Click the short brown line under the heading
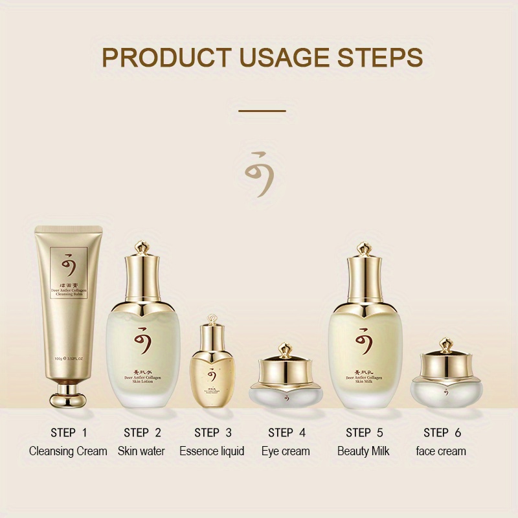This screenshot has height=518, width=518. (x=262, y=111)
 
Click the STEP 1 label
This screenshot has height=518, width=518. (x=68, y=433)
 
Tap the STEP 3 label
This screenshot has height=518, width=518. (x=212, y=433)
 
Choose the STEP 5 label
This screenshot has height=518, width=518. (x=363, y=433)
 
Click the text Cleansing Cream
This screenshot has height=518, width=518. (x=68, y=451)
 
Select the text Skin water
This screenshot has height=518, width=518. (x=141, y=451)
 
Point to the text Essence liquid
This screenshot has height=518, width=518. (x=212, y=451)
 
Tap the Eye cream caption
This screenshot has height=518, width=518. (x=286, y=451)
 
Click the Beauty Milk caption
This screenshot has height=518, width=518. (x=363, y=451)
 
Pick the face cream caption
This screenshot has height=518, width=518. (x=440, y=451)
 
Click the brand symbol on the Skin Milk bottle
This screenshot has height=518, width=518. (x=364, y=342)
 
